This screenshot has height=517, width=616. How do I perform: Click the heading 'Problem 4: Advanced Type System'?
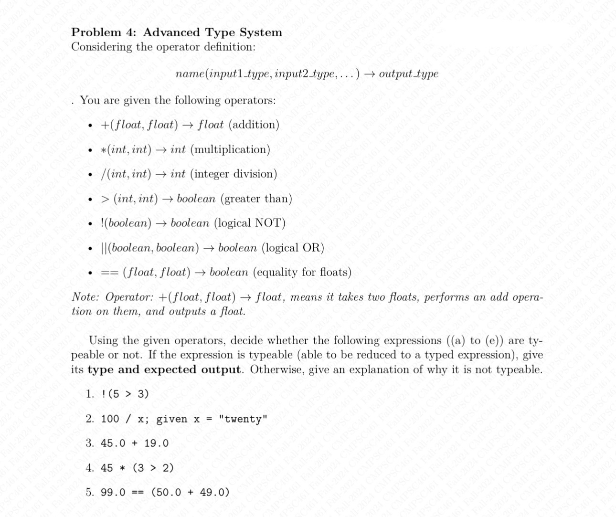177,32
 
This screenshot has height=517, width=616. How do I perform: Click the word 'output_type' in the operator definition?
408,74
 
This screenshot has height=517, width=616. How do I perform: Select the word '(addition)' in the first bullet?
254,125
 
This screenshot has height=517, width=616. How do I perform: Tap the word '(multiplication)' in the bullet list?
230,149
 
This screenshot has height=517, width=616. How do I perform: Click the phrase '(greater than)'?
256,199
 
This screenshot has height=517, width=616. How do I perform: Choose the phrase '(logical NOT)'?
249,223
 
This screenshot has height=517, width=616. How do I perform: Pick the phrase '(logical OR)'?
293,248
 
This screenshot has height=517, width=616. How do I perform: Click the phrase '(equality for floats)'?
302,272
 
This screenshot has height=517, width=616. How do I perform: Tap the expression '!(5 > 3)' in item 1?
125,394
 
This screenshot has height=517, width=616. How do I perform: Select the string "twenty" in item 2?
243,419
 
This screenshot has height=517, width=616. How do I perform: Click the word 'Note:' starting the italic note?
85,297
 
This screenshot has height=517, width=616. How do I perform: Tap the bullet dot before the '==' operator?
90,273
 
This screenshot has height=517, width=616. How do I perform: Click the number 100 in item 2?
110,419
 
